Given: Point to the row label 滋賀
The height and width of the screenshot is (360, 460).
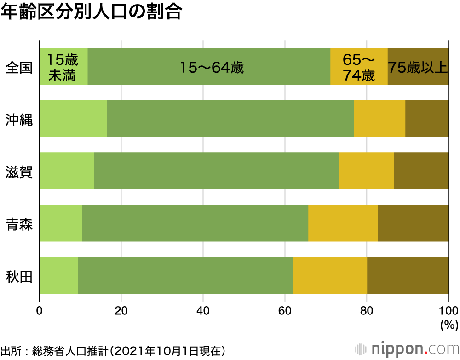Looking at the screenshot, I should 19,172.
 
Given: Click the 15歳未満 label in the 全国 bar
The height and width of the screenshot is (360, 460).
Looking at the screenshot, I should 63,67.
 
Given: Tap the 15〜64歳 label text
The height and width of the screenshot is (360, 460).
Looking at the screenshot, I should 211,68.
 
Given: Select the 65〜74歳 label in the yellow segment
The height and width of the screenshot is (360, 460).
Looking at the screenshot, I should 359,67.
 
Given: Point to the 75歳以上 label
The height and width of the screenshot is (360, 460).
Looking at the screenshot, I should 418,67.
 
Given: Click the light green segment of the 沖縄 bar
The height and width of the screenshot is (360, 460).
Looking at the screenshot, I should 73,118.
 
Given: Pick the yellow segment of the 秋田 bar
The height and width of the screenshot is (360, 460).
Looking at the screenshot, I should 330,275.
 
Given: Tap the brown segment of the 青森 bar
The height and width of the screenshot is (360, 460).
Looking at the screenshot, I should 413,223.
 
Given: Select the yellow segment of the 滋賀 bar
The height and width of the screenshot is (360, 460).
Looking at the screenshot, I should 366,171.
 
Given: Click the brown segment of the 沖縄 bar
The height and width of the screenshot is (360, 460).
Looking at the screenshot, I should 426,118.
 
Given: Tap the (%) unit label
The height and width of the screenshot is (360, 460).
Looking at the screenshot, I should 447,325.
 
